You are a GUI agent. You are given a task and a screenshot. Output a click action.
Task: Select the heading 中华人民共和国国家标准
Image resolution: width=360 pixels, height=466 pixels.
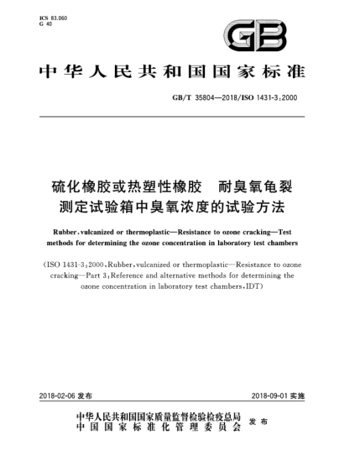(179, 71)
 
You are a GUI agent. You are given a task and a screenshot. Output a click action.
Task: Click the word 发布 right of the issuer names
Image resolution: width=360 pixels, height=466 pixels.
(290, 423)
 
